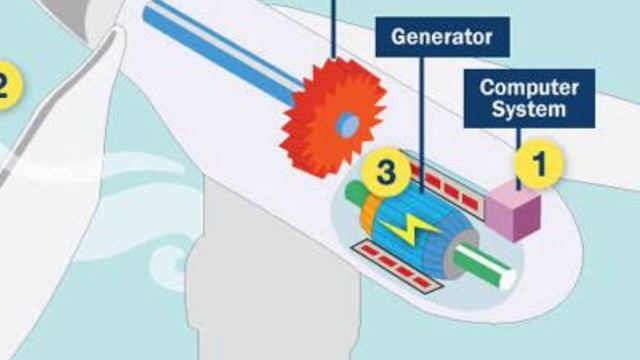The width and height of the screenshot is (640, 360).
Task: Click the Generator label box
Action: click(x=442, y=38)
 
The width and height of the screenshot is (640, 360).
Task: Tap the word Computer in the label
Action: click(x=529, y=87)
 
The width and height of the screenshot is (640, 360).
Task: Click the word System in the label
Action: click(x=529, y=109)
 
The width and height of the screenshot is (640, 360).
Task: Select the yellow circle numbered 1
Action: click(x=539, y=165)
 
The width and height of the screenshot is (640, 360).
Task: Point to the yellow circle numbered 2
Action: click(x=5, y=84)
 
